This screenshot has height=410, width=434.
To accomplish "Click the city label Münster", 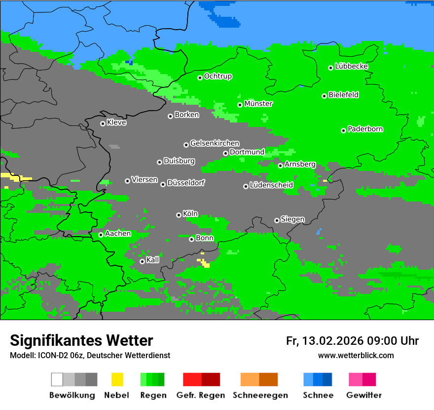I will (258, 104).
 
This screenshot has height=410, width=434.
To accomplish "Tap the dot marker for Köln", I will (179, 215).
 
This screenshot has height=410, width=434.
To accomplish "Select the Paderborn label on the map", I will (365, 129).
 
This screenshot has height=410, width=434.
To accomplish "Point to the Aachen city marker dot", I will (101, 235).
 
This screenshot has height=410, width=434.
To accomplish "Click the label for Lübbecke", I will (352, 66).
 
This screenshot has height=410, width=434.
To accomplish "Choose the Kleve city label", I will (117, 123).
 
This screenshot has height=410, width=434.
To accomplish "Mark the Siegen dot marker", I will (277, 220).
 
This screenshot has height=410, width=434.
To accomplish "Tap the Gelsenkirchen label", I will (215, 143).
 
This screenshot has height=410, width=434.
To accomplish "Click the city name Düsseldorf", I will (186, 183).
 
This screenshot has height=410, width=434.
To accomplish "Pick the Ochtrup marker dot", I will (200, 78).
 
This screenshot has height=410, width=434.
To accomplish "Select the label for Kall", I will (153, 260).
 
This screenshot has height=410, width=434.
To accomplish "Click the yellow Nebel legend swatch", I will (117, 379).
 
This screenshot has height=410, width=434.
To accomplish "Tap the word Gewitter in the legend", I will (364, 395).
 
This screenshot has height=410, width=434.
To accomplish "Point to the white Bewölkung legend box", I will (57, 379).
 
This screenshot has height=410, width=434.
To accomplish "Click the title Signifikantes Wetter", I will (81, 341).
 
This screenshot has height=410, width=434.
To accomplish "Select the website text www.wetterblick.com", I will (356, 355).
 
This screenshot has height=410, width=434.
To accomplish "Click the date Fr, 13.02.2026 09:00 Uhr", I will (352, 341).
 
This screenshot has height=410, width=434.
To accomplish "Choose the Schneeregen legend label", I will (260, 395).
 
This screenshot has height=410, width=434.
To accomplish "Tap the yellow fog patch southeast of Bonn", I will (205, 264).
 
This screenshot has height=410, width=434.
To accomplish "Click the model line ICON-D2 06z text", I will (90, 355).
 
